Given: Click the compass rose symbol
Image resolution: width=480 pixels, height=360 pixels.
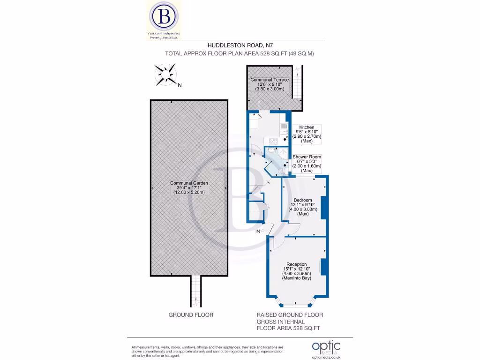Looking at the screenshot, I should (x=166, y=75).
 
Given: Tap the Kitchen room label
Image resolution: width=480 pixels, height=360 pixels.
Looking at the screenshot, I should (x=307, y=127).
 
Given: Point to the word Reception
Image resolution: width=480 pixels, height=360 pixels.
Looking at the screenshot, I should (x=296, y=264).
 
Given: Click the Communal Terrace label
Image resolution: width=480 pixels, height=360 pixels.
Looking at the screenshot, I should (x=270, y=80).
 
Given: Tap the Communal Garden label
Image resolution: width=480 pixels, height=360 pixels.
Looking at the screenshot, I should (x=189, y=183).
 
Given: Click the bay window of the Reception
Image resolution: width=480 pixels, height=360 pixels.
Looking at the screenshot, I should (x=297, y=302).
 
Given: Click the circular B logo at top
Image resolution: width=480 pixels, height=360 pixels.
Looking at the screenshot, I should (x=165, y=16).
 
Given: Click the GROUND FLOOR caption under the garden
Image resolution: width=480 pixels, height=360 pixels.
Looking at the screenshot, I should (x=191, y=315).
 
